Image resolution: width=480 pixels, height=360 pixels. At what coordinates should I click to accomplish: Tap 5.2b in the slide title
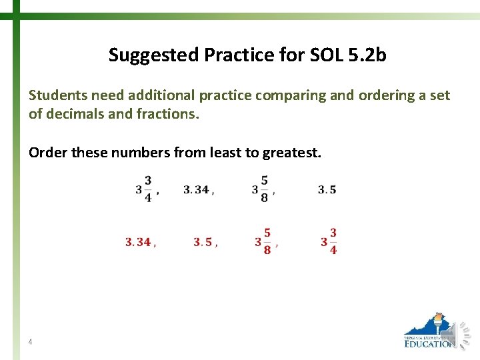(367, 55)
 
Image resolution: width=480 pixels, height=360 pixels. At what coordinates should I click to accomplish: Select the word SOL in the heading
(327, 55)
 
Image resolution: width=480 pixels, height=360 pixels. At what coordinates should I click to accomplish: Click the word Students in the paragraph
(55, 95)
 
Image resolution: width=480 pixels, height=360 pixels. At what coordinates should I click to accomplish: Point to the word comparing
(289, 95)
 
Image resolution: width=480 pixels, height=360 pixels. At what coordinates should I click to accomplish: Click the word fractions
(167, 113)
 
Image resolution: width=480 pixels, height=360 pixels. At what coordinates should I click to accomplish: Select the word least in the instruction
(225, 153)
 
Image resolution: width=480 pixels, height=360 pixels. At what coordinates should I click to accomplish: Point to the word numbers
(139, 153)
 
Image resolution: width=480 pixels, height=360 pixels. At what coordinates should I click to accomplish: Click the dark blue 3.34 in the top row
(197, 190)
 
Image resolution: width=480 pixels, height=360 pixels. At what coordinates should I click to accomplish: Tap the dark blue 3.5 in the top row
(327, 190)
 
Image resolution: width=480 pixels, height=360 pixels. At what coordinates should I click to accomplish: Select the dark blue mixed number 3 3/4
(143, 189)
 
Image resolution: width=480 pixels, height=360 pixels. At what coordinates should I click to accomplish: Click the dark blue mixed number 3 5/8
(261, 189)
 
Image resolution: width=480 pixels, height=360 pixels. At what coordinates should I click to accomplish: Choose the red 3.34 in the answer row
(138, 243)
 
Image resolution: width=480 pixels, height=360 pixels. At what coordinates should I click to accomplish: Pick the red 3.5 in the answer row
(203, 243)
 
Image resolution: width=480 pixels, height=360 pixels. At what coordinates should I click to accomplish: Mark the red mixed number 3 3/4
(329, 242)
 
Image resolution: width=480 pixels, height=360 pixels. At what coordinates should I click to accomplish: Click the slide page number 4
(31, 342)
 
